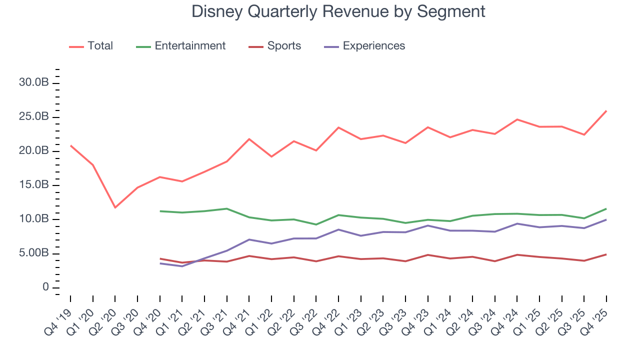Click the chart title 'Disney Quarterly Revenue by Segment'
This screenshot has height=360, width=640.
338,11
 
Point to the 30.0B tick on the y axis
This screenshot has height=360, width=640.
33,83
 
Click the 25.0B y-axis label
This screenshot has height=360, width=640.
33,117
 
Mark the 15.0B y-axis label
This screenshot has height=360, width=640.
33,185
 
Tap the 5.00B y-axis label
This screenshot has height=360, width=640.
33,253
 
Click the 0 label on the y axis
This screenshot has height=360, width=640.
45,287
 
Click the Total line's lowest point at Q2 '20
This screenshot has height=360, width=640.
115,207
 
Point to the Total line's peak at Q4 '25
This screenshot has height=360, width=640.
606,111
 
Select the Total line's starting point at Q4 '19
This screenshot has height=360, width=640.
70,145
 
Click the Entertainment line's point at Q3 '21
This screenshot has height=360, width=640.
227,208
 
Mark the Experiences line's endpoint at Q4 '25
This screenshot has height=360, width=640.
606,219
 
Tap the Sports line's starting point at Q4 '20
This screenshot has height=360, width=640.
160,258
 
